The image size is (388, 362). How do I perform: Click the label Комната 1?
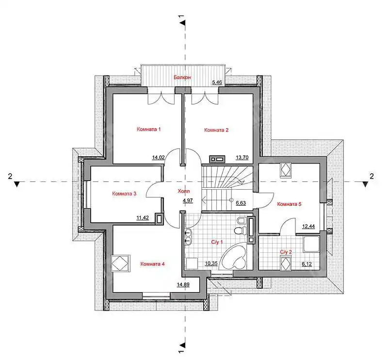click(x=148, y=129)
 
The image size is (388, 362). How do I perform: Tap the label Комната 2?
click(x=216, y=130)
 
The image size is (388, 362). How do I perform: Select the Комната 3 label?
click(x=124, y=194)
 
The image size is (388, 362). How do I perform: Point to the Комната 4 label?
click(x=152, y=264)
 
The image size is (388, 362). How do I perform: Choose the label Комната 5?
click(x=289, y=204)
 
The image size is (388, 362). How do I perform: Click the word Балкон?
click(x=182, y=77)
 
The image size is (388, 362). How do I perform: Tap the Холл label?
click(x=184, y=191)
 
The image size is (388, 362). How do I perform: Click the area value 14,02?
click(x=158, y=158)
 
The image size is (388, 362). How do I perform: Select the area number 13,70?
click(x=242, y=158)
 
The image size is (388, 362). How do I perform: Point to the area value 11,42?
click(x=143, y=218)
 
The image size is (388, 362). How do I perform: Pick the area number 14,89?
click(x=183, y=285)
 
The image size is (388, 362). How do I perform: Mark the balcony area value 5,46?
click(x=217, y=82)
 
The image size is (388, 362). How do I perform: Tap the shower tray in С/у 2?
click(x=311, y=245)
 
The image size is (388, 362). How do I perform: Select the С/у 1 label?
click(x=217, y=242)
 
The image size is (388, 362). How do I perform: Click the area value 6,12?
click(x=307, y=264)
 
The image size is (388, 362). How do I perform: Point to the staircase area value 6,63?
click(x=241, y=203)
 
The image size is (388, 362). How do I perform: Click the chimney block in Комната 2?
click(x=217, y=159)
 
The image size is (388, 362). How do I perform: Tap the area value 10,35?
click(x=211, y=263)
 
